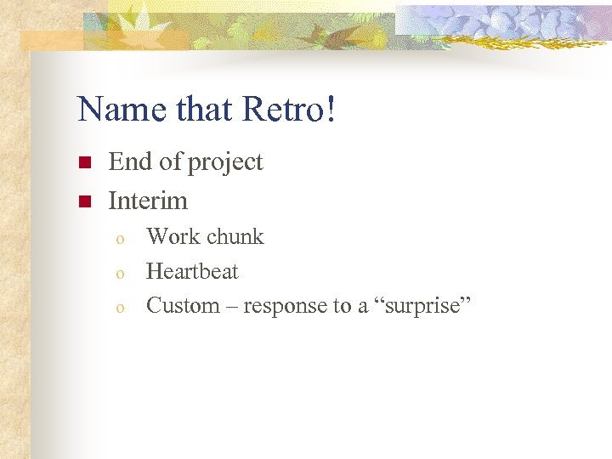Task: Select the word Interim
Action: click(148, 201)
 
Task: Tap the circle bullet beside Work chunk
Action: click(121, 239)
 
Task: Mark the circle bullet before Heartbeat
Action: click(121, 274)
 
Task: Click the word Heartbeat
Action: click(192, 271)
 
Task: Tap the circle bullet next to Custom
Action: click(121, 308)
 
